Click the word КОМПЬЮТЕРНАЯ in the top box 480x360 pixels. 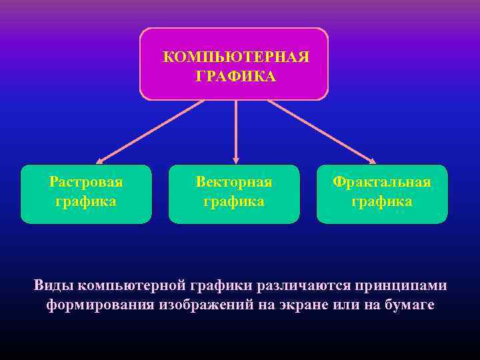(236, 57)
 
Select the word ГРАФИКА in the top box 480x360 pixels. (235, 77)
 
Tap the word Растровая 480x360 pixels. (86, 182)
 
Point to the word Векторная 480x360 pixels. (234, 182)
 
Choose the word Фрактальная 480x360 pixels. (382, 182)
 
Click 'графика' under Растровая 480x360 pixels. (86, 201)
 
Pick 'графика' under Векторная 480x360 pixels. (234, 201)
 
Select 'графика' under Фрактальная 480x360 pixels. (382, 201)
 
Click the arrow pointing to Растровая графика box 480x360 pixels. (150, 131)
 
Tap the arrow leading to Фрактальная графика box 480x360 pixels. (321, 131)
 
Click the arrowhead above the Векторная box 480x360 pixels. (235, 159)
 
